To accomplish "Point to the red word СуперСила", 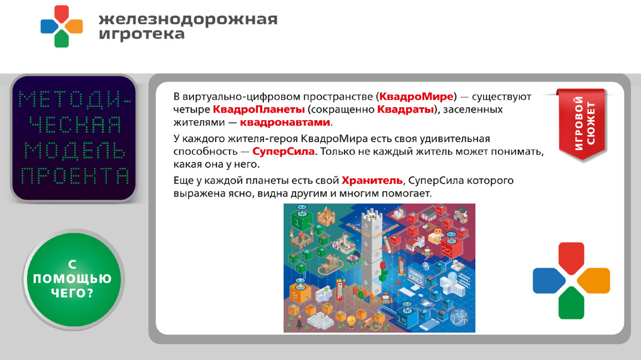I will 284,152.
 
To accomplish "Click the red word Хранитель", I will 372,180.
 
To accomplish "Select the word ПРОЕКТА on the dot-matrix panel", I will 74,176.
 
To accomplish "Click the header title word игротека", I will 142,34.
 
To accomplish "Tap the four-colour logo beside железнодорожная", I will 61,26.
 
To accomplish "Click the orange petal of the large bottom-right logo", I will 594,280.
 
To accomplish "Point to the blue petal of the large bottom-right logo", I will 549,280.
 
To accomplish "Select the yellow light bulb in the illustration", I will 351,322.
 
